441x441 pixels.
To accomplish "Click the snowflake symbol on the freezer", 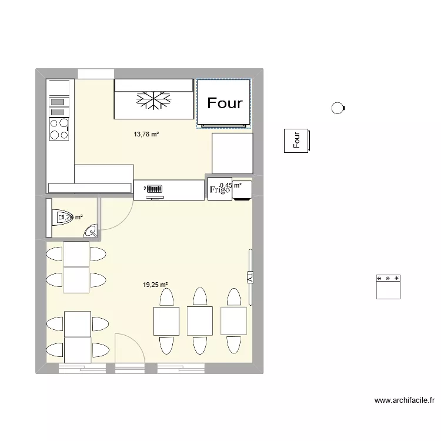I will point(153,101).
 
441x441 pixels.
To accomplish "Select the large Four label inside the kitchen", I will point(225,103).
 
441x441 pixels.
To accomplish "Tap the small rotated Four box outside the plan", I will point(296,141).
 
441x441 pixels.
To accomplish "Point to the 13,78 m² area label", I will point(146,135).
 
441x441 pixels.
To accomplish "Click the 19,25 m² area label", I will point(155,285).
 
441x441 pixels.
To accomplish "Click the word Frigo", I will point(219,190).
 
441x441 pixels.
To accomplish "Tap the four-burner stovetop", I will point(59,129).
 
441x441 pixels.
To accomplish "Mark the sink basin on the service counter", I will point(154,189).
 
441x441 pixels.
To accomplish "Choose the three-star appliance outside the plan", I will point(388,286).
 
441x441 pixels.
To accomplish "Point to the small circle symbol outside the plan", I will point(338,108).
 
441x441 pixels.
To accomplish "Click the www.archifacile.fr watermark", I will point(405,401).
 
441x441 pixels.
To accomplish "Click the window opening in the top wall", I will point(95,73).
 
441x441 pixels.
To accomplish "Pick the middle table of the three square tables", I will point(199,320).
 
